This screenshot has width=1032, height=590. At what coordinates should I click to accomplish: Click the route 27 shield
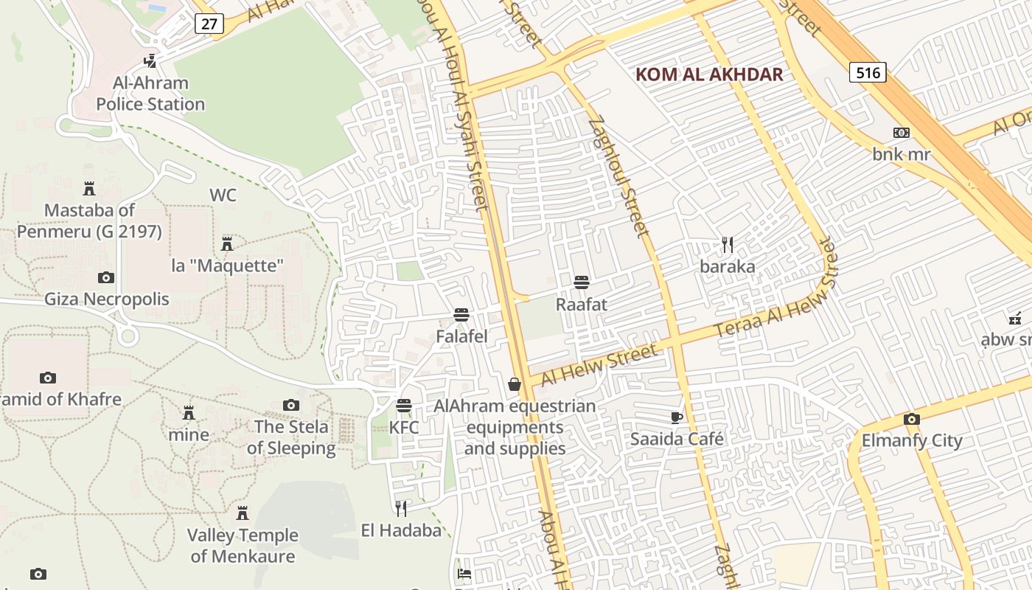pos(210,24)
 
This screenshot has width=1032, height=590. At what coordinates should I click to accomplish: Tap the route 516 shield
pos(868,72)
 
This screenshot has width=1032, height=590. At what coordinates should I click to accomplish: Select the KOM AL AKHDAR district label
pos(708,74)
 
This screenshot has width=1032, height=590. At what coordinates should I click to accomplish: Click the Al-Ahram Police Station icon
pos(150,60)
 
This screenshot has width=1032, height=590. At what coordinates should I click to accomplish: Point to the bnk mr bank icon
pos(901,133)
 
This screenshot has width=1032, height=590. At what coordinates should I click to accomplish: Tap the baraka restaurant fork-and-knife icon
pos(728,244)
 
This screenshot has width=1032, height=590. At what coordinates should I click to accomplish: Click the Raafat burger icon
pos(582,282)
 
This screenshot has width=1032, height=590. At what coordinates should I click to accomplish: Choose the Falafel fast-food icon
pos(462,315)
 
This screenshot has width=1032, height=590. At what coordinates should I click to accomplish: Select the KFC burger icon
pos(403,405)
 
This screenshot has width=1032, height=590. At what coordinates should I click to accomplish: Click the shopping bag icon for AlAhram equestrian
pos(515,384)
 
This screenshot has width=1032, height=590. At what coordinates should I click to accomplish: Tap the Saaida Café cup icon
pos(677,417)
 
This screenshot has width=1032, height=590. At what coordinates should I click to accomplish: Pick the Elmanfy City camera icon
pos(912,419)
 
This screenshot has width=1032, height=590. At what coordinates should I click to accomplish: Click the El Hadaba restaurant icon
pos(401,508)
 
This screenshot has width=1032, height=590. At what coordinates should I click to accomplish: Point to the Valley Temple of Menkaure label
pos(243,545)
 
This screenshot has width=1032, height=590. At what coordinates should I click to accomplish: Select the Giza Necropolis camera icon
pos(106,277)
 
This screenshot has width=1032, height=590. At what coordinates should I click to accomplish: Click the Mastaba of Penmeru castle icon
pos(89,188)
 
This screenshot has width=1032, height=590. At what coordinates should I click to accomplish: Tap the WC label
pos(223,195)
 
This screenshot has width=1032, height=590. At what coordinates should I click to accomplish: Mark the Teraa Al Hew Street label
pos(776,299)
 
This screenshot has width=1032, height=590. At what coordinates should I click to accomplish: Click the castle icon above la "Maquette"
pos(227,243)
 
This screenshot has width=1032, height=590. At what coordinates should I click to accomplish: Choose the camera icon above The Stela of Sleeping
pos(291,405)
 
